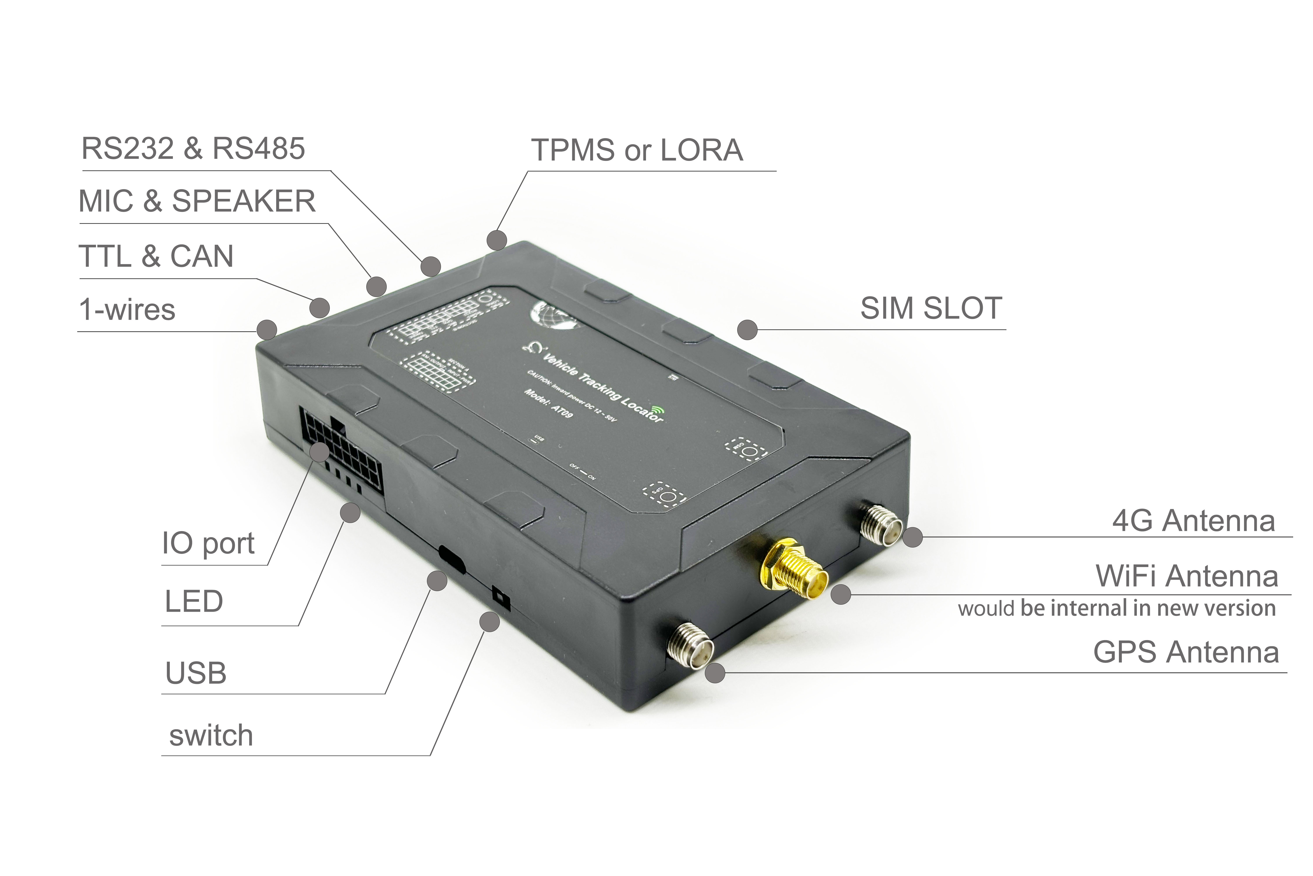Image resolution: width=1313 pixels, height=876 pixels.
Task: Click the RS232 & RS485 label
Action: [193, 149]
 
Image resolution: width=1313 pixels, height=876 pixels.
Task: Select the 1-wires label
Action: [127, 309]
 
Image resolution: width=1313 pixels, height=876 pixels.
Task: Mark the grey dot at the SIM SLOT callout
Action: [747, 330]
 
